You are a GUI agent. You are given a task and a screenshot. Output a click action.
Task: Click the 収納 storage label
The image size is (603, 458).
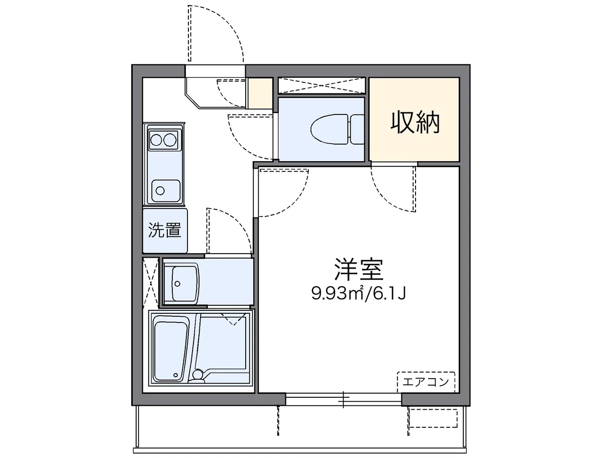click(x=415, y=123)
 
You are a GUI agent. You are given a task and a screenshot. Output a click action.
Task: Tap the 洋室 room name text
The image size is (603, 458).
click(x=358, y=270)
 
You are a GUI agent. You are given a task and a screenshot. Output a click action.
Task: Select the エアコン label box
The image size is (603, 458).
click(x=426, y=382)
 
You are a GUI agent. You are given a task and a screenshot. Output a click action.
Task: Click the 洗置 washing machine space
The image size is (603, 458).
click(x=165, y=231)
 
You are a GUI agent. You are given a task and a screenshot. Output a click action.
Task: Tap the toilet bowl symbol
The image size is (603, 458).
click(x=329, y=128)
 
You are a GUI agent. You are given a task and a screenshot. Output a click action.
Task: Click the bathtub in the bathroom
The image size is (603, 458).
click(x=170, y=350)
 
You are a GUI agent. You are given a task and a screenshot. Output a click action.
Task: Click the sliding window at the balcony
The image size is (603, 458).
click(x=344, y=399)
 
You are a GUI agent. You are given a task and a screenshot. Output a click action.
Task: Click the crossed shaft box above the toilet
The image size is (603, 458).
click(x=321, y=86)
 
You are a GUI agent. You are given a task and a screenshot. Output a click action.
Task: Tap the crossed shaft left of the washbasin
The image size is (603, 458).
click(x=150, y=282)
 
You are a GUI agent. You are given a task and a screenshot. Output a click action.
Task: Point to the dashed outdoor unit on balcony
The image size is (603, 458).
click(x=432, y=418)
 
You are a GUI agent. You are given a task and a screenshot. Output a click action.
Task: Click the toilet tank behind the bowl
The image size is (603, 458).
click(x=356, y=128)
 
